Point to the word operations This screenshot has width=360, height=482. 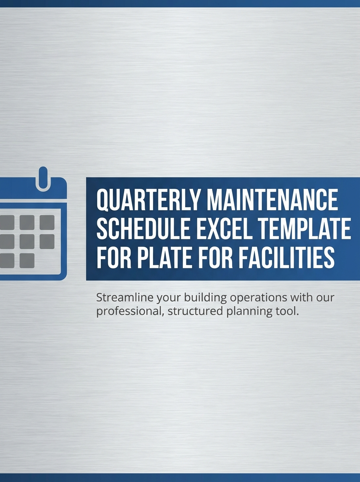pos(256,298)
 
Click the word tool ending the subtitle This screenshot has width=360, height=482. pos(289,311)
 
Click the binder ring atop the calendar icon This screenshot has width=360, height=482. pos(42,178)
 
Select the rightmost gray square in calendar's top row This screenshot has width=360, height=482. pos(47,222)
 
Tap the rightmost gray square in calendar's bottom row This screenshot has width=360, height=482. pos(27,260)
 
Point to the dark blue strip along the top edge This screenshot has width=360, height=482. pos(180,3)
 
